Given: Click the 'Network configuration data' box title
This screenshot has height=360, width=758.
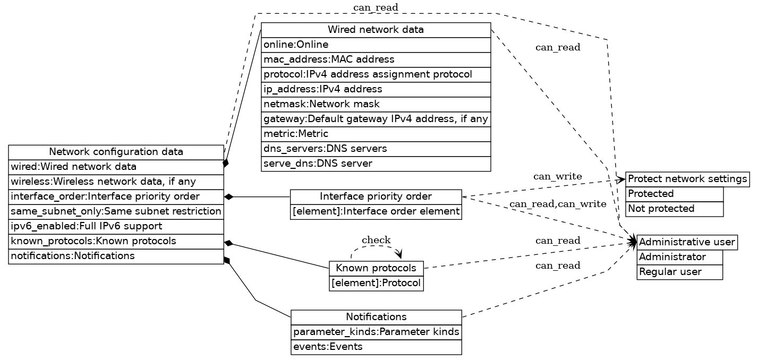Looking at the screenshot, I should click(116, 152).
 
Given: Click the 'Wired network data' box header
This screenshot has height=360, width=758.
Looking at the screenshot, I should click(376, 30).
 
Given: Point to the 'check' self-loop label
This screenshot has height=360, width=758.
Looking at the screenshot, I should click(376, 241).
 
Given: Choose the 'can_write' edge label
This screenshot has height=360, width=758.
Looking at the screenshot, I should click(557, 176).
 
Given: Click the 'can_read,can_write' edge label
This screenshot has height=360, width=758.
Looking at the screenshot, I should click(557, 204).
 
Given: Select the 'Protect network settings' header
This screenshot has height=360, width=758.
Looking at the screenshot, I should click(687, 179).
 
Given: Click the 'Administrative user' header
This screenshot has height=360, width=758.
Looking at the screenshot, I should click(686, 242).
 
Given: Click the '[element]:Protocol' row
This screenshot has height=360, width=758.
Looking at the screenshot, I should click(376, 284).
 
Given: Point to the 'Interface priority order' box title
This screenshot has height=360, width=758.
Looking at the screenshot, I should click(376, 197).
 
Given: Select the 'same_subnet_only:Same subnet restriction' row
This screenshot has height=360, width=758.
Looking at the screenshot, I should click(116, 211).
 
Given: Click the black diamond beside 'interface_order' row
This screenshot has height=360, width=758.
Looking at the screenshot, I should click(229, 197).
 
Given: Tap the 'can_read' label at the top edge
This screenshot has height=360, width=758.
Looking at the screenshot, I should click(375, 7).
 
